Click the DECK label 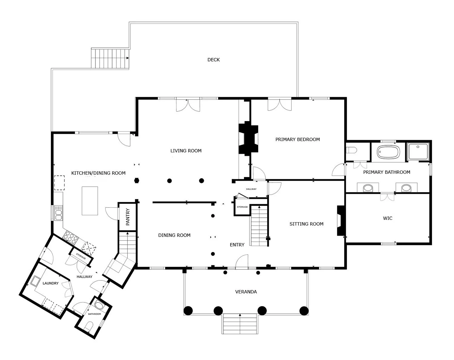click(213, 60)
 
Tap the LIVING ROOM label click(186, 151)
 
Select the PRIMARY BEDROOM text click(298, 140)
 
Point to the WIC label click(387, 218)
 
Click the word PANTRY click(128, 217)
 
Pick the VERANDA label click(246, 292)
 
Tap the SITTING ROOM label click(306, 224)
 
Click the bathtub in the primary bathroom click(388, 152)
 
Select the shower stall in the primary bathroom click(418, 151)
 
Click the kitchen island click(90, 201)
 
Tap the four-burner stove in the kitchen click(71, 237)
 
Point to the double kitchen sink click(58, 213)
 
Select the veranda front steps click(240, 324)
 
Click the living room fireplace click(248, 139)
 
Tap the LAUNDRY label click(51, 283)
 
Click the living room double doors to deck click(188, 104)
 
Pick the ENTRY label click(237, 245)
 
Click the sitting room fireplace click(341, 220)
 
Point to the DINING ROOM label click(174, 235)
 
